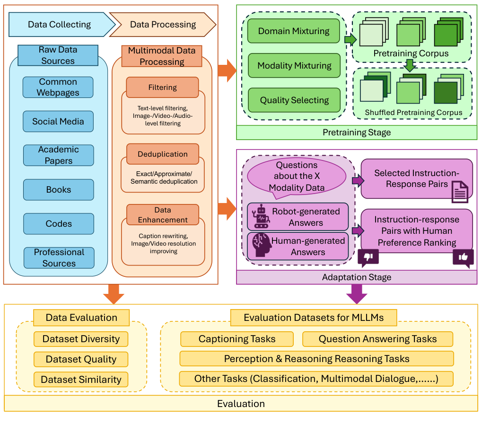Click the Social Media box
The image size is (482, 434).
tap(58, 122)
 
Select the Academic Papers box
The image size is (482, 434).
tap(58, 155)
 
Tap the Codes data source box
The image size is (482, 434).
tap(58, 224)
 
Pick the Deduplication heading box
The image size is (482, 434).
tap(162, 154)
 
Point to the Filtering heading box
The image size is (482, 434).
tap(162, 88)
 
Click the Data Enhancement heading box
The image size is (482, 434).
tap(163, 215)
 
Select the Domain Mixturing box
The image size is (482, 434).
tap(294, 31)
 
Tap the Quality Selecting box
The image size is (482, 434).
tap(294, 100)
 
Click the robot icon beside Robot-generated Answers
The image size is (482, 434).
tap(260, 217)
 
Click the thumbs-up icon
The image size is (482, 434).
tap(463, 258)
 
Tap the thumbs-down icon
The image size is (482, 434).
tap(368, 257)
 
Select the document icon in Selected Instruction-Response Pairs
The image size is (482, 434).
tap(460, 192)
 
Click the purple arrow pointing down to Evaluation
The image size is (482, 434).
tap(357, 294)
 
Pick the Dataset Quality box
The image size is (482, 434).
tap(81, 359)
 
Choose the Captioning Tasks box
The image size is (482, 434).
tap(237, 339)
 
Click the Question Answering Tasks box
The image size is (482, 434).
tap(377, 339)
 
